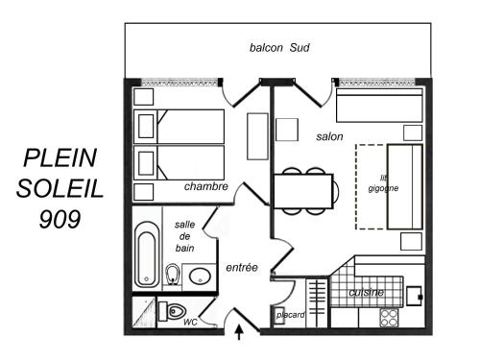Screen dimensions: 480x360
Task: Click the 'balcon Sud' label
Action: coord(279,48)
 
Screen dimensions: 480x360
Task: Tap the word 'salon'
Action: coord(329,136)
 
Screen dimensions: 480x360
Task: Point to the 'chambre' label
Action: coord(206,186)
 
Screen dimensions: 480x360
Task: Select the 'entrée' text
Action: coord(242,267)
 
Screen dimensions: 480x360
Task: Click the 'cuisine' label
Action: coord(366,292)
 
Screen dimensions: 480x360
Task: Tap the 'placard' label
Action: coord(290,315)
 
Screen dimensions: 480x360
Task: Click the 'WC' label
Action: coord(190,323)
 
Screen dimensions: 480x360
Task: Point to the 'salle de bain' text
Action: coord(184,236)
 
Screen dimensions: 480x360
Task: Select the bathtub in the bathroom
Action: coord(146,254)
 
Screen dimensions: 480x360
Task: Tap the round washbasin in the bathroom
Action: coord(200,276)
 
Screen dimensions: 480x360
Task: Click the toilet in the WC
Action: coord(173,311)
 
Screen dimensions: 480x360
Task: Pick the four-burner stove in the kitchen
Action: coord(389,318)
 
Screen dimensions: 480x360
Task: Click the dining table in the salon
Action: coord(303,191)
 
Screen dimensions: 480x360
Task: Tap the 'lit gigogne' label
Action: coord(383,183)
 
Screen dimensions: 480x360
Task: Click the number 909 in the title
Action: coord(60,219)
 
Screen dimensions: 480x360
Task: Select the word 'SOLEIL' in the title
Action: coord(60,188)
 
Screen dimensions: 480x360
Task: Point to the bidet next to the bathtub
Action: coord(173,275)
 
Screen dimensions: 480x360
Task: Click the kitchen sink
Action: coord(415,296)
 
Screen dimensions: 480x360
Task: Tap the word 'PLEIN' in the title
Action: coord(60,157)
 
